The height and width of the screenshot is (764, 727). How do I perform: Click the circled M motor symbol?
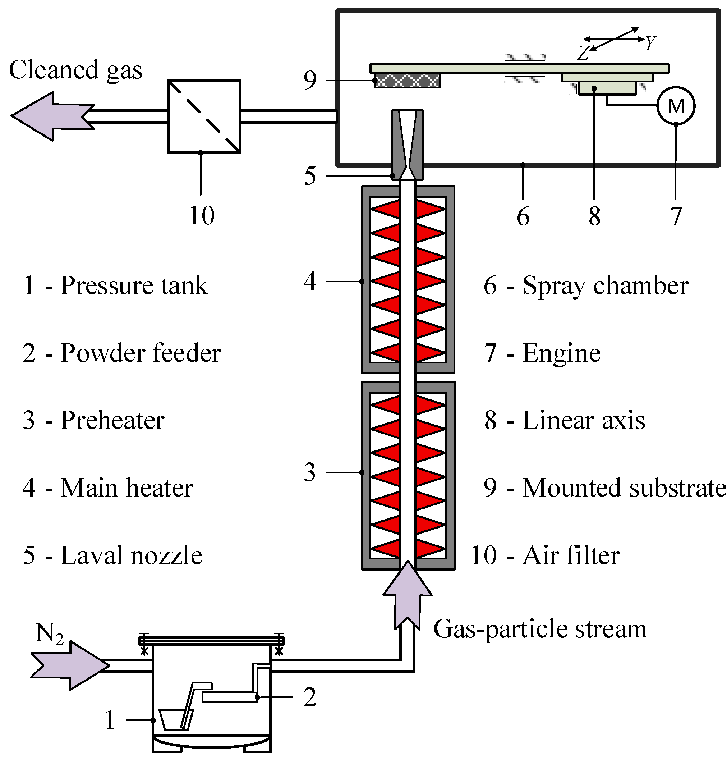pos(676,105)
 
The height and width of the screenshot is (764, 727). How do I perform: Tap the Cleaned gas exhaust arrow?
pos(52,116)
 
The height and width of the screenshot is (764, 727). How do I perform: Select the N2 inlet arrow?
pos(70,665)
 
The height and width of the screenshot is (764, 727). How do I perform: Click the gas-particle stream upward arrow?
pos(407,595)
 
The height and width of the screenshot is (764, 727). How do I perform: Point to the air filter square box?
pos(204,116)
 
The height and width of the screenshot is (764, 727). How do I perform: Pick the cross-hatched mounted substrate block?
pos(407,81)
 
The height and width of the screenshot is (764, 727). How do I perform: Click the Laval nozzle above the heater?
pos(407,145)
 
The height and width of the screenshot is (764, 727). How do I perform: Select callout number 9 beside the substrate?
pos(310,80)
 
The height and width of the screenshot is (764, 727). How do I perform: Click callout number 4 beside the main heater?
pos(310,281)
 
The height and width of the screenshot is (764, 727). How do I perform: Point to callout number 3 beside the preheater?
pos(310,472)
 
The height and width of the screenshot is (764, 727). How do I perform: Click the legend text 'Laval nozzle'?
pos(132,555)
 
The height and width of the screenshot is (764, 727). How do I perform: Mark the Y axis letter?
pos(651,43)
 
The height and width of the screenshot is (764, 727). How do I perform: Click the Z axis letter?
pos(584,53)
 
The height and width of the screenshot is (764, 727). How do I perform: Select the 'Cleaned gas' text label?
pos(75,70)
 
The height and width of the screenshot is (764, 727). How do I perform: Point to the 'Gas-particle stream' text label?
pos(540,629)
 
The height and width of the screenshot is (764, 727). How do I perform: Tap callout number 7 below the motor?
pos(676,216)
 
